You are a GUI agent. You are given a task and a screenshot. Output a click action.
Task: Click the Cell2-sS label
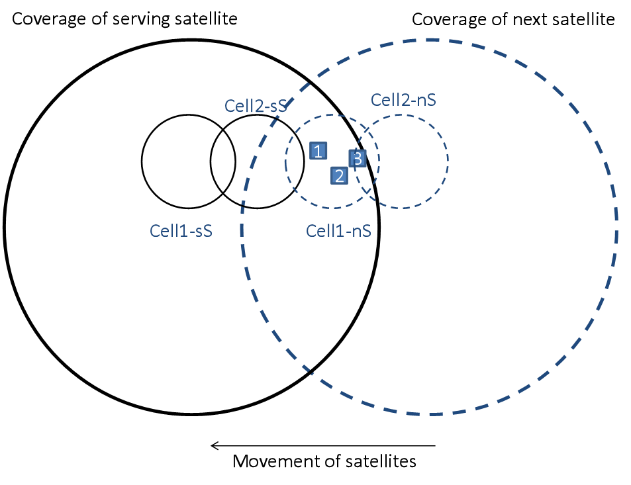[x=255, y=106]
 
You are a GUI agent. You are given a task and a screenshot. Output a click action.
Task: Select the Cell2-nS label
[x=403, y=100]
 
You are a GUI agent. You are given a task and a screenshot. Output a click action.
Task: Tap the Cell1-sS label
[x=181, y=231]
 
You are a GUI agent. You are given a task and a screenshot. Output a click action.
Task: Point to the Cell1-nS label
[x=338, y=231]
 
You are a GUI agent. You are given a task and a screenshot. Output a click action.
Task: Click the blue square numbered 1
[x=318, y=152]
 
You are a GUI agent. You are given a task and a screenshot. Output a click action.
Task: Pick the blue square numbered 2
[x=339, y=176]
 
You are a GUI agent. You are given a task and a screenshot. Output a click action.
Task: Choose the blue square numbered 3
[x=358, y=159]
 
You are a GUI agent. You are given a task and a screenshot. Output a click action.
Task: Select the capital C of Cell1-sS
[x=156, y=231]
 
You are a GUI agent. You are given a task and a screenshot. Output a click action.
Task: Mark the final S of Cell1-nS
[x=365, y=231]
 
